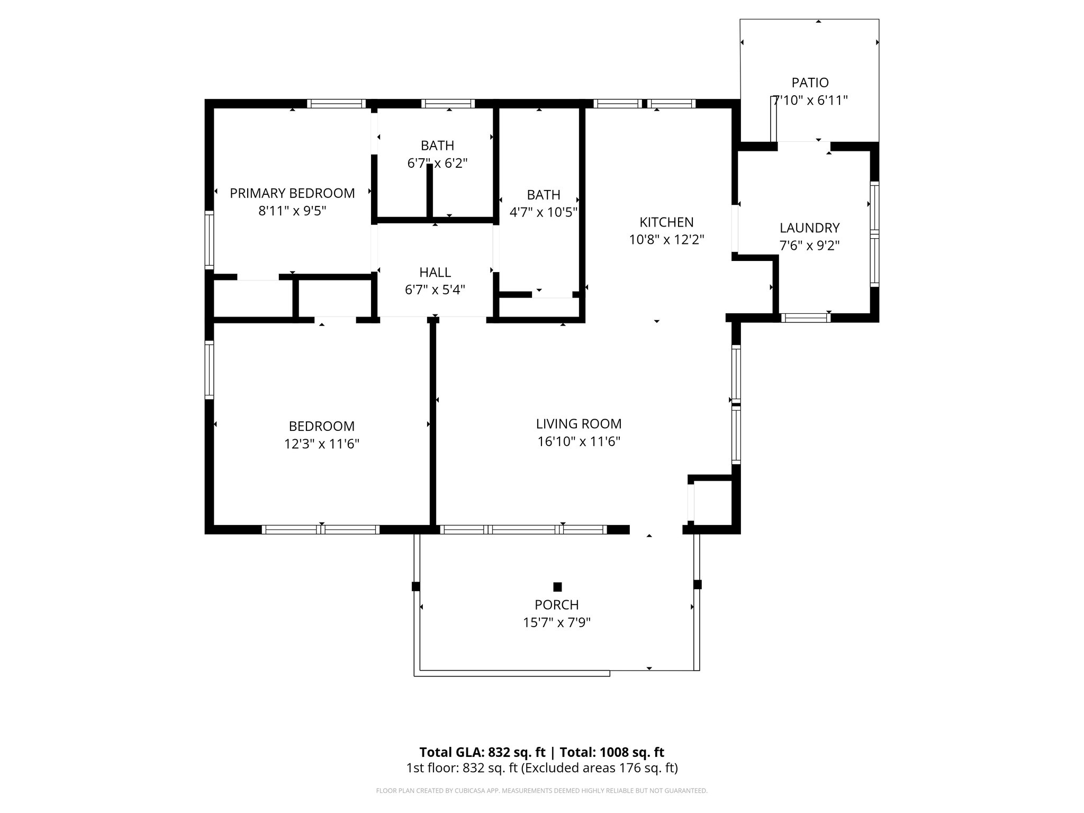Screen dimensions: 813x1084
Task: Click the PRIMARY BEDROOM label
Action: click(292, 193)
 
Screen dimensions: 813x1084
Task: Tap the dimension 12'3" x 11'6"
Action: click(322, 444)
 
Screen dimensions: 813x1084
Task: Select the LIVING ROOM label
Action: click(579, 424)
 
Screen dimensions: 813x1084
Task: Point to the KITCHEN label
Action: click(666, 222)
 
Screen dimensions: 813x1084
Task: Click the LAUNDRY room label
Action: click(809, 228)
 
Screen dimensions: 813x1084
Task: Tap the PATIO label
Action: click(810, 83)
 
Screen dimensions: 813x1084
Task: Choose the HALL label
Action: click(435, 273)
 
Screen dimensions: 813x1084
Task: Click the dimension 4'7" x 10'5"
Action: click(543, 213)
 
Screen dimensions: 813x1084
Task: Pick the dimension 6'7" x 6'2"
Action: click(437, 164)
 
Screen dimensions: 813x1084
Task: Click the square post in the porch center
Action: click(557, 586)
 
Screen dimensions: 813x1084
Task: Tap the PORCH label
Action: click(557, 605)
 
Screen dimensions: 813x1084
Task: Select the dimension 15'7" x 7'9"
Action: click(557, 623)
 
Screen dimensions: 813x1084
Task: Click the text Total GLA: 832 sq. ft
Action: click(482, 752)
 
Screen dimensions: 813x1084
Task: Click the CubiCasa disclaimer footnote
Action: click(541, 791)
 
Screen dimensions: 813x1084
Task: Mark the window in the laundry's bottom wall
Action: click(805, 318)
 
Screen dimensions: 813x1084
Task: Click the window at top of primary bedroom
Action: click(336, 104)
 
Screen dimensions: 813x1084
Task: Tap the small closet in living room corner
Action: click(712, 501)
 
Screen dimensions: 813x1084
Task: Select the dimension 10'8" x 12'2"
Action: click(666, 240)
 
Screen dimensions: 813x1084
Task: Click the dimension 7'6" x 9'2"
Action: click(809, 246)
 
